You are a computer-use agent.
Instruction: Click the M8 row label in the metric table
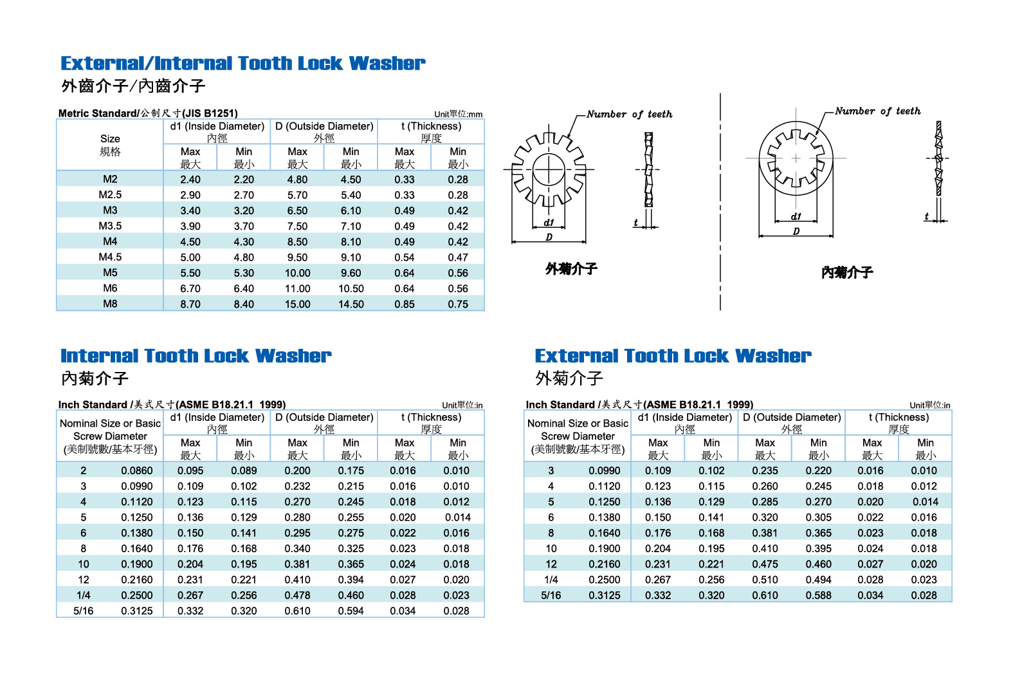tap(110, 304)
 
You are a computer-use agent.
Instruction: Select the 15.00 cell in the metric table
tap(297, 304)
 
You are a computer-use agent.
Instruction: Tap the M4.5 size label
tap(110, 257)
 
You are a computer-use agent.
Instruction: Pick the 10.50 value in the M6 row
tap(351, 289)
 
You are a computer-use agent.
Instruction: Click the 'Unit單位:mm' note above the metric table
tap(458, 114)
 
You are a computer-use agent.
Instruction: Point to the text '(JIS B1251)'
tap(210, 113)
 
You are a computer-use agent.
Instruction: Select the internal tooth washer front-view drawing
tap(796, 158)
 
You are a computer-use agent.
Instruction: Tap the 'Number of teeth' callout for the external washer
tap(629, 115)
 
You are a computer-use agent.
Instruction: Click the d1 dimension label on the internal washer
tap(796, 217)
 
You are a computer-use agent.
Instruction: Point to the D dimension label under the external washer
tap(549, 237)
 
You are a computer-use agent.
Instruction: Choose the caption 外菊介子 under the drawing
tap(571, 269)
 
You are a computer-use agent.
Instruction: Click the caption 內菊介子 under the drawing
tap(847, 273)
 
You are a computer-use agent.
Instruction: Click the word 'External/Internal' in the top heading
tap(147, 63)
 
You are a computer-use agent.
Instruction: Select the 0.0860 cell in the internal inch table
tap(137, 470)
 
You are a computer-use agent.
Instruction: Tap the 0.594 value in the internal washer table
tap(351, 611)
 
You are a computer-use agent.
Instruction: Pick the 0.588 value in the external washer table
tap(818, 595)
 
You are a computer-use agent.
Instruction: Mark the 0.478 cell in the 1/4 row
tap(297, 595)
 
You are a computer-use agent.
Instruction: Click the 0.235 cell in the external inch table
tap(765, 470)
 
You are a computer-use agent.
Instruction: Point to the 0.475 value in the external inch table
tap(765, 564)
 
